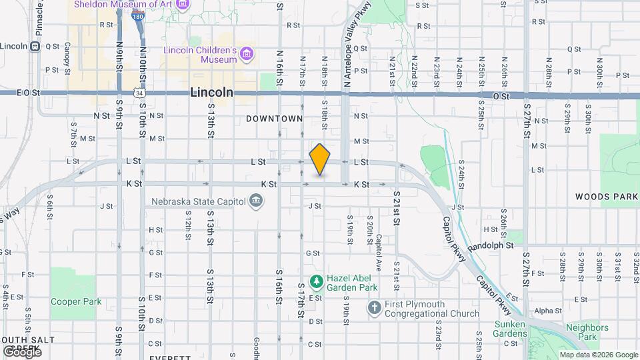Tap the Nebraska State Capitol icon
click(255, 201)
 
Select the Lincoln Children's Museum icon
click(247, 53)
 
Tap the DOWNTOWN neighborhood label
click(275, 119)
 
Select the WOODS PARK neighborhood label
click(607, 197)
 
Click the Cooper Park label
click(76, 301)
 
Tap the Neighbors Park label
click(587, 332)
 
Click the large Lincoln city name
click(211, 93)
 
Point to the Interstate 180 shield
click(138, 16)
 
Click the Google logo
click(21, 351)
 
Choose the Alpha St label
click(548, 311)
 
